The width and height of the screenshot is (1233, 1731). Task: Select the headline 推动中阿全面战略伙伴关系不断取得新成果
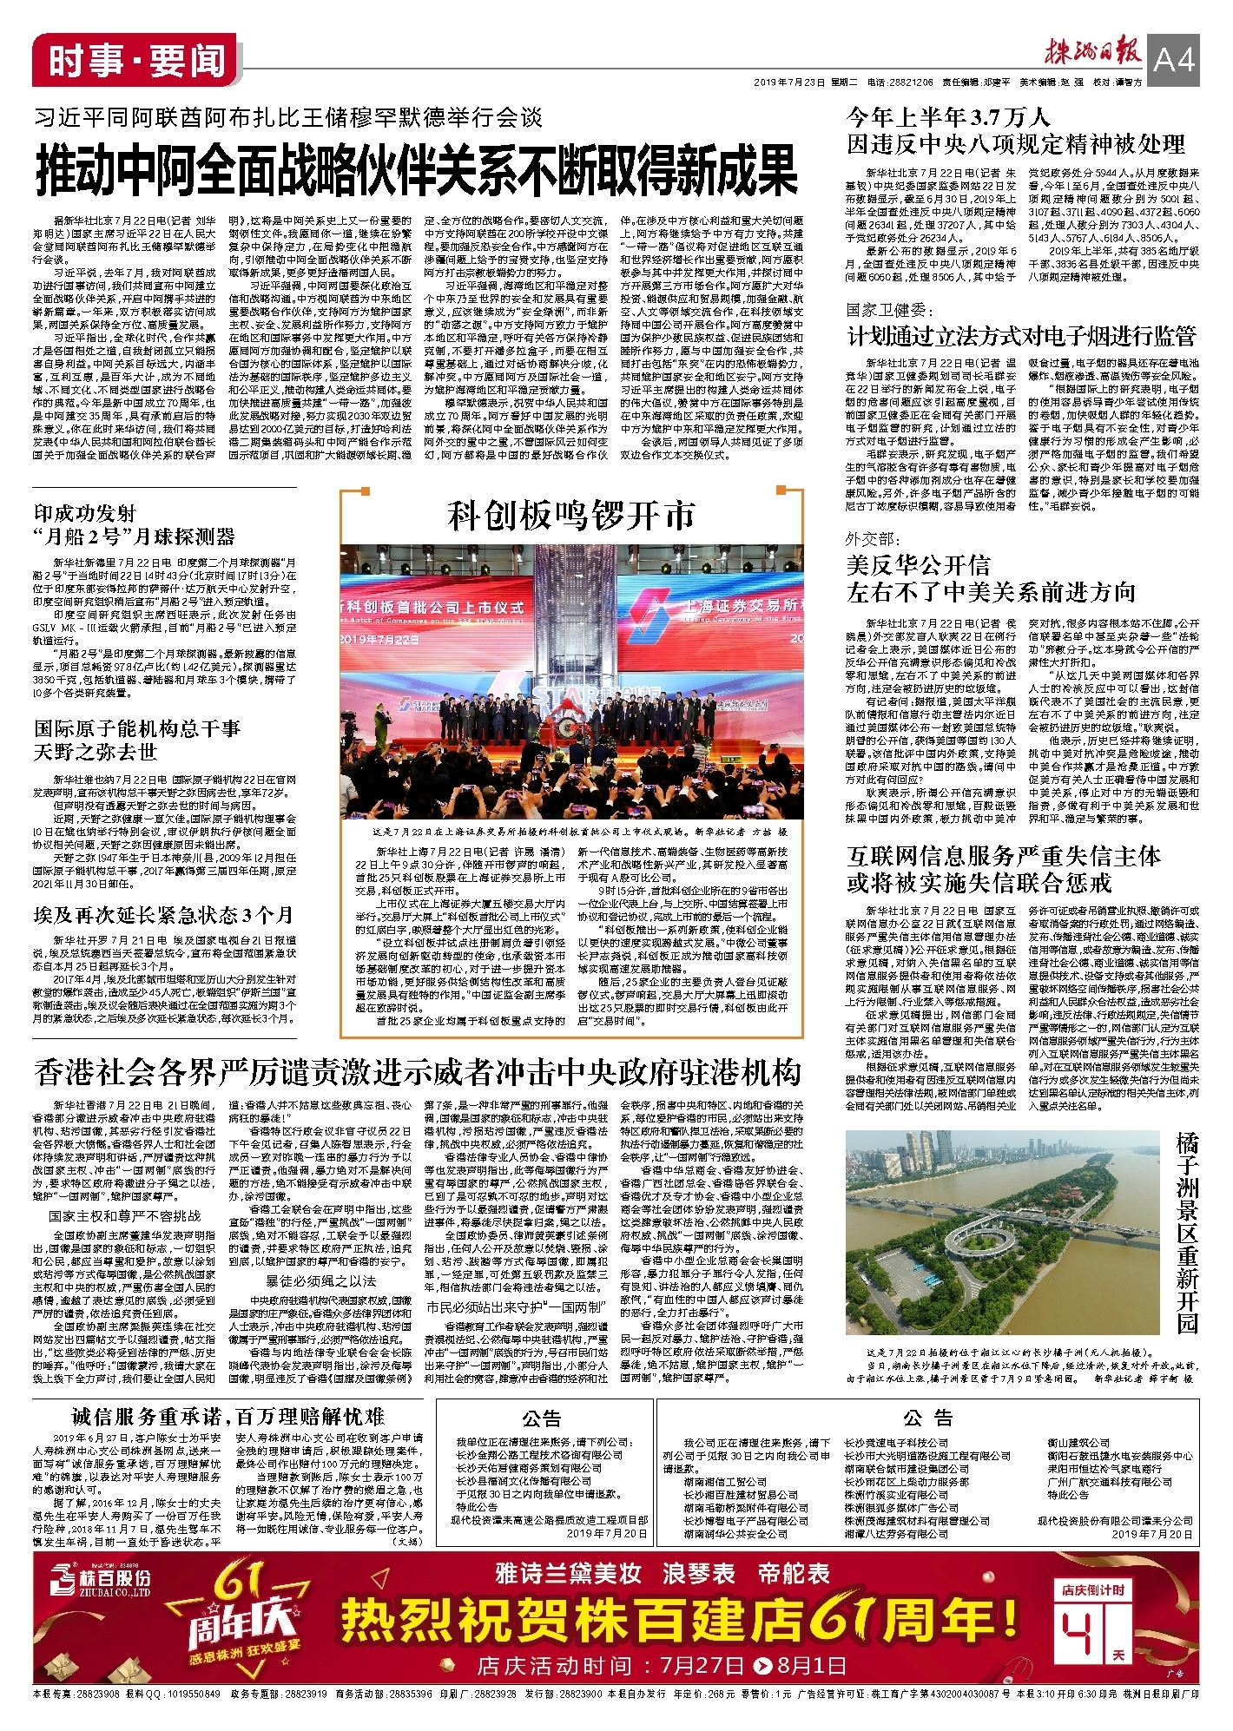[416, 171]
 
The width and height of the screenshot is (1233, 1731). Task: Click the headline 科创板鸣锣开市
[571, 517]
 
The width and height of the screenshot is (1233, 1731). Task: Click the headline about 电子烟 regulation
[1021, 336]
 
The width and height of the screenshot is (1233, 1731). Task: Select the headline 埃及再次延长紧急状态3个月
[163, 916]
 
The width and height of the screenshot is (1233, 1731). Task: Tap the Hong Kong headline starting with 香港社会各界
[417, 1073]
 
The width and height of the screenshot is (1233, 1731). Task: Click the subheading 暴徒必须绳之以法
[320, 1281]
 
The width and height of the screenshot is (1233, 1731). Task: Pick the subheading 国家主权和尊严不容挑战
[125, 1216]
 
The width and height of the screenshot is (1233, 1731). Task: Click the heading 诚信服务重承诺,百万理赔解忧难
[227, 1417]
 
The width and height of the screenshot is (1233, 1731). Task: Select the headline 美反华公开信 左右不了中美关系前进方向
[990, 579]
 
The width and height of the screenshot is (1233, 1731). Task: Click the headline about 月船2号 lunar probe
[135, 524]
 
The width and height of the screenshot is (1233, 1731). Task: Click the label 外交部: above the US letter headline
[873, 539]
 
